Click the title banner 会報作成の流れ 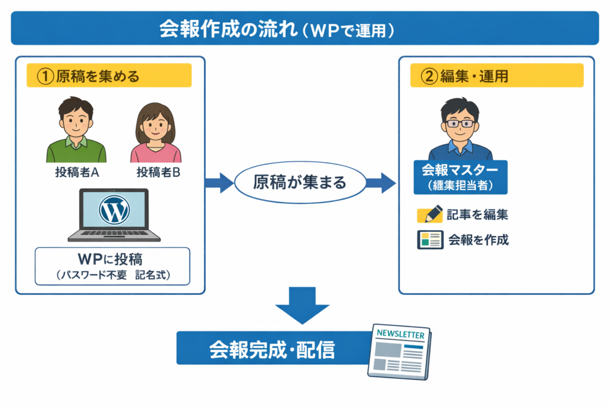coord(304,28)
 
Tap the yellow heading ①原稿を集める coord(109,76)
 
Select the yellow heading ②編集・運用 coord(496,76)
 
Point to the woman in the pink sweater coord(155,134)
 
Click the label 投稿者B coord(158,173)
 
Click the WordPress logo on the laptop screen coord(115,210)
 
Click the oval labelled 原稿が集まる coord(300,182)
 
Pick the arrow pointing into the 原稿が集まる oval coord(219,182)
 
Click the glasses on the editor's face coord(460,123)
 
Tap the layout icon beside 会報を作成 coord(430,240)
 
